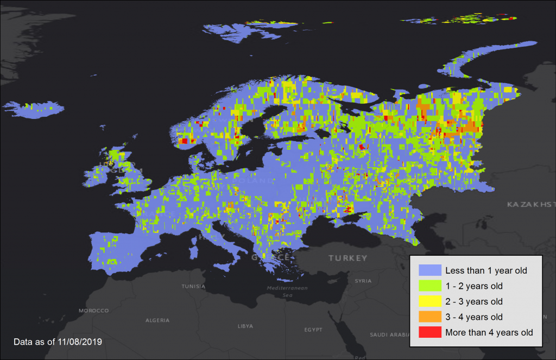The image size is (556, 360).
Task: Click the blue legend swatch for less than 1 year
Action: (x=429, y=270)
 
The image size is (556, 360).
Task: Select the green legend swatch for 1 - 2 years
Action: (x=429, y=286)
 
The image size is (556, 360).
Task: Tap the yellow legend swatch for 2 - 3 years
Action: (x=429, y=301)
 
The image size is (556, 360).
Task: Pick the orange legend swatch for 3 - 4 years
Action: (x=429, y=317)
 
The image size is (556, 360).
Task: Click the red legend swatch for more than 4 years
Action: (x=429, y=332)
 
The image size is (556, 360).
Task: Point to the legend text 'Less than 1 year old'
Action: (x=486, y=270)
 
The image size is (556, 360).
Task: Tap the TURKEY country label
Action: (x=347, y=258)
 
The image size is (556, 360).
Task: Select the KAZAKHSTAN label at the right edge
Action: (x=530, y=205)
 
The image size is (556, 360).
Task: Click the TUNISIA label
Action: (x=193, y=286)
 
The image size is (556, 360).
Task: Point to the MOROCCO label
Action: (x=93, y=311)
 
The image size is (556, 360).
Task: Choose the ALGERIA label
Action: (x=157, y=320)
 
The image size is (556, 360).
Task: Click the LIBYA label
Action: (x=245, y=326)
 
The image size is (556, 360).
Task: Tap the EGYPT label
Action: (x=313, y=330)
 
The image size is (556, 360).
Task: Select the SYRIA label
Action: (x=363, y=281)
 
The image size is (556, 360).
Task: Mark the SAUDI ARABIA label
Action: (x=389, y=335)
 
